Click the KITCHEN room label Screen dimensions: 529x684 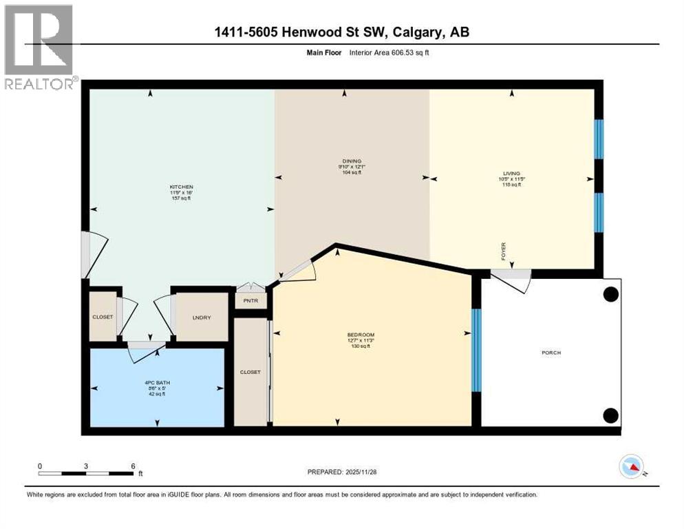pos(182,187)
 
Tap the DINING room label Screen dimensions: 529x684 pos(351,161)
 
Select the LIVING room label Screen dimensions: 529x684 pos(511,174)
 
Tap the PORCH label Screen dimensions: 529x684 pos(551,353)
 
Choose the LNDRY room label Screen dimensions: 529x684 pos(201,317)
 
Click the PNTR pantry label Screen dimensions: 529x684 pos(250,301)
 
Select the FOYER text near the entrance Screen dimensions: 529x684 pos(504,249)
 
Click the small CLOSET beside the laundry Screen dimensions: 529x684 pos(103,317)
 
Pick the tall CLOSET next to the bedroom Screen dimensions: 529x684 pos(250,372)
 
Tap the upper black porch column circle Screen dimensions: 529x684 pos(610,294)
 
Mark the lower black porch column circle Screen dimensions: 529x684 pos(610,415)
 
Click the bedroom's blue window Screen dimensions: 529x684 pos(475,350)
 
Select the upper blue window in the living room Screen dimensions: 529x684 pos(599,139)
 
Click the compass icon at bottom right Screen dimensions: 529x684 pos(631,466)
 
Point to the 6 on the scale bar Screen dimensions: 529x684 pos(132,466)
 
